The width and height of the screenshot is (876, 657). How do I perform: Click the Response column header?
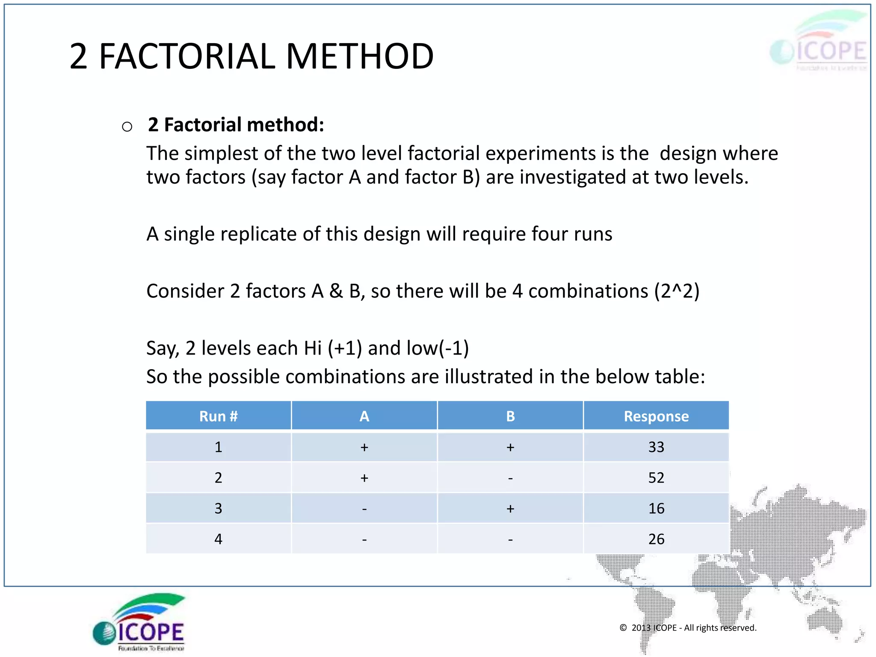(x=656, y=416)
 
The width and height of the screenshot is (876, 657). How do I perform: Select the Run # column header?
(x=218, y=416)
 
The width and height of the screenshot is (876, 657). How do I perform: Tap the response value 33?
(x=656, y=447)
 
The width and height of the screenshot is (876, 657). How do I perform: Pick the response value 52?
(x=656, y=478)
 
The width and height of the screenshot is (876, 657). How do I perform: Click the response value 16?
(x=656, y=509)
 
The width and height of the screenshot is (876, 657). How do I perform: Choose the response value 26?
(x=656, y=539)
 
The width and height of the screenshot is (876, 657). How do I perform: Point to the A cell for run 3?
(x=364, y=509)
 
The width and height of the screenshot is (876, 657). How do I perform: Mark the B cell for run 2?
(x=510, y=478)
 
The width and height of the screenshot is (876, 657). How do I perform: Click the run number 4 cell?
(x=218, y=539)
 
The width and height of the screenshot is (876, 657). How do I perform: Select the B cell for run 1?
(x=510, y=447)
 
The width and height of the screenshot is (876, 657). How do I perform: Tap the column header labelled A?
(x=364, y=416)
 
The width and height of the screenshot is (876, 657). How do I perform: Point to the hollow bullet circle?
(x=127, y=127)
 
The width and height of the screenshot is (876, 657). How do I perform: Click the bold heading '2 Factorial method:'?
(x=236, y=125)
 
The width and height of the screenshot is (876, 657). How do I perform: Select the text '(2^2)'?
(x=676, y=291)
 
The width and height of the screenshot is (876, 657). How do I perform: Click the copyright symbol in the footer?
(x=623, y=627)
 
